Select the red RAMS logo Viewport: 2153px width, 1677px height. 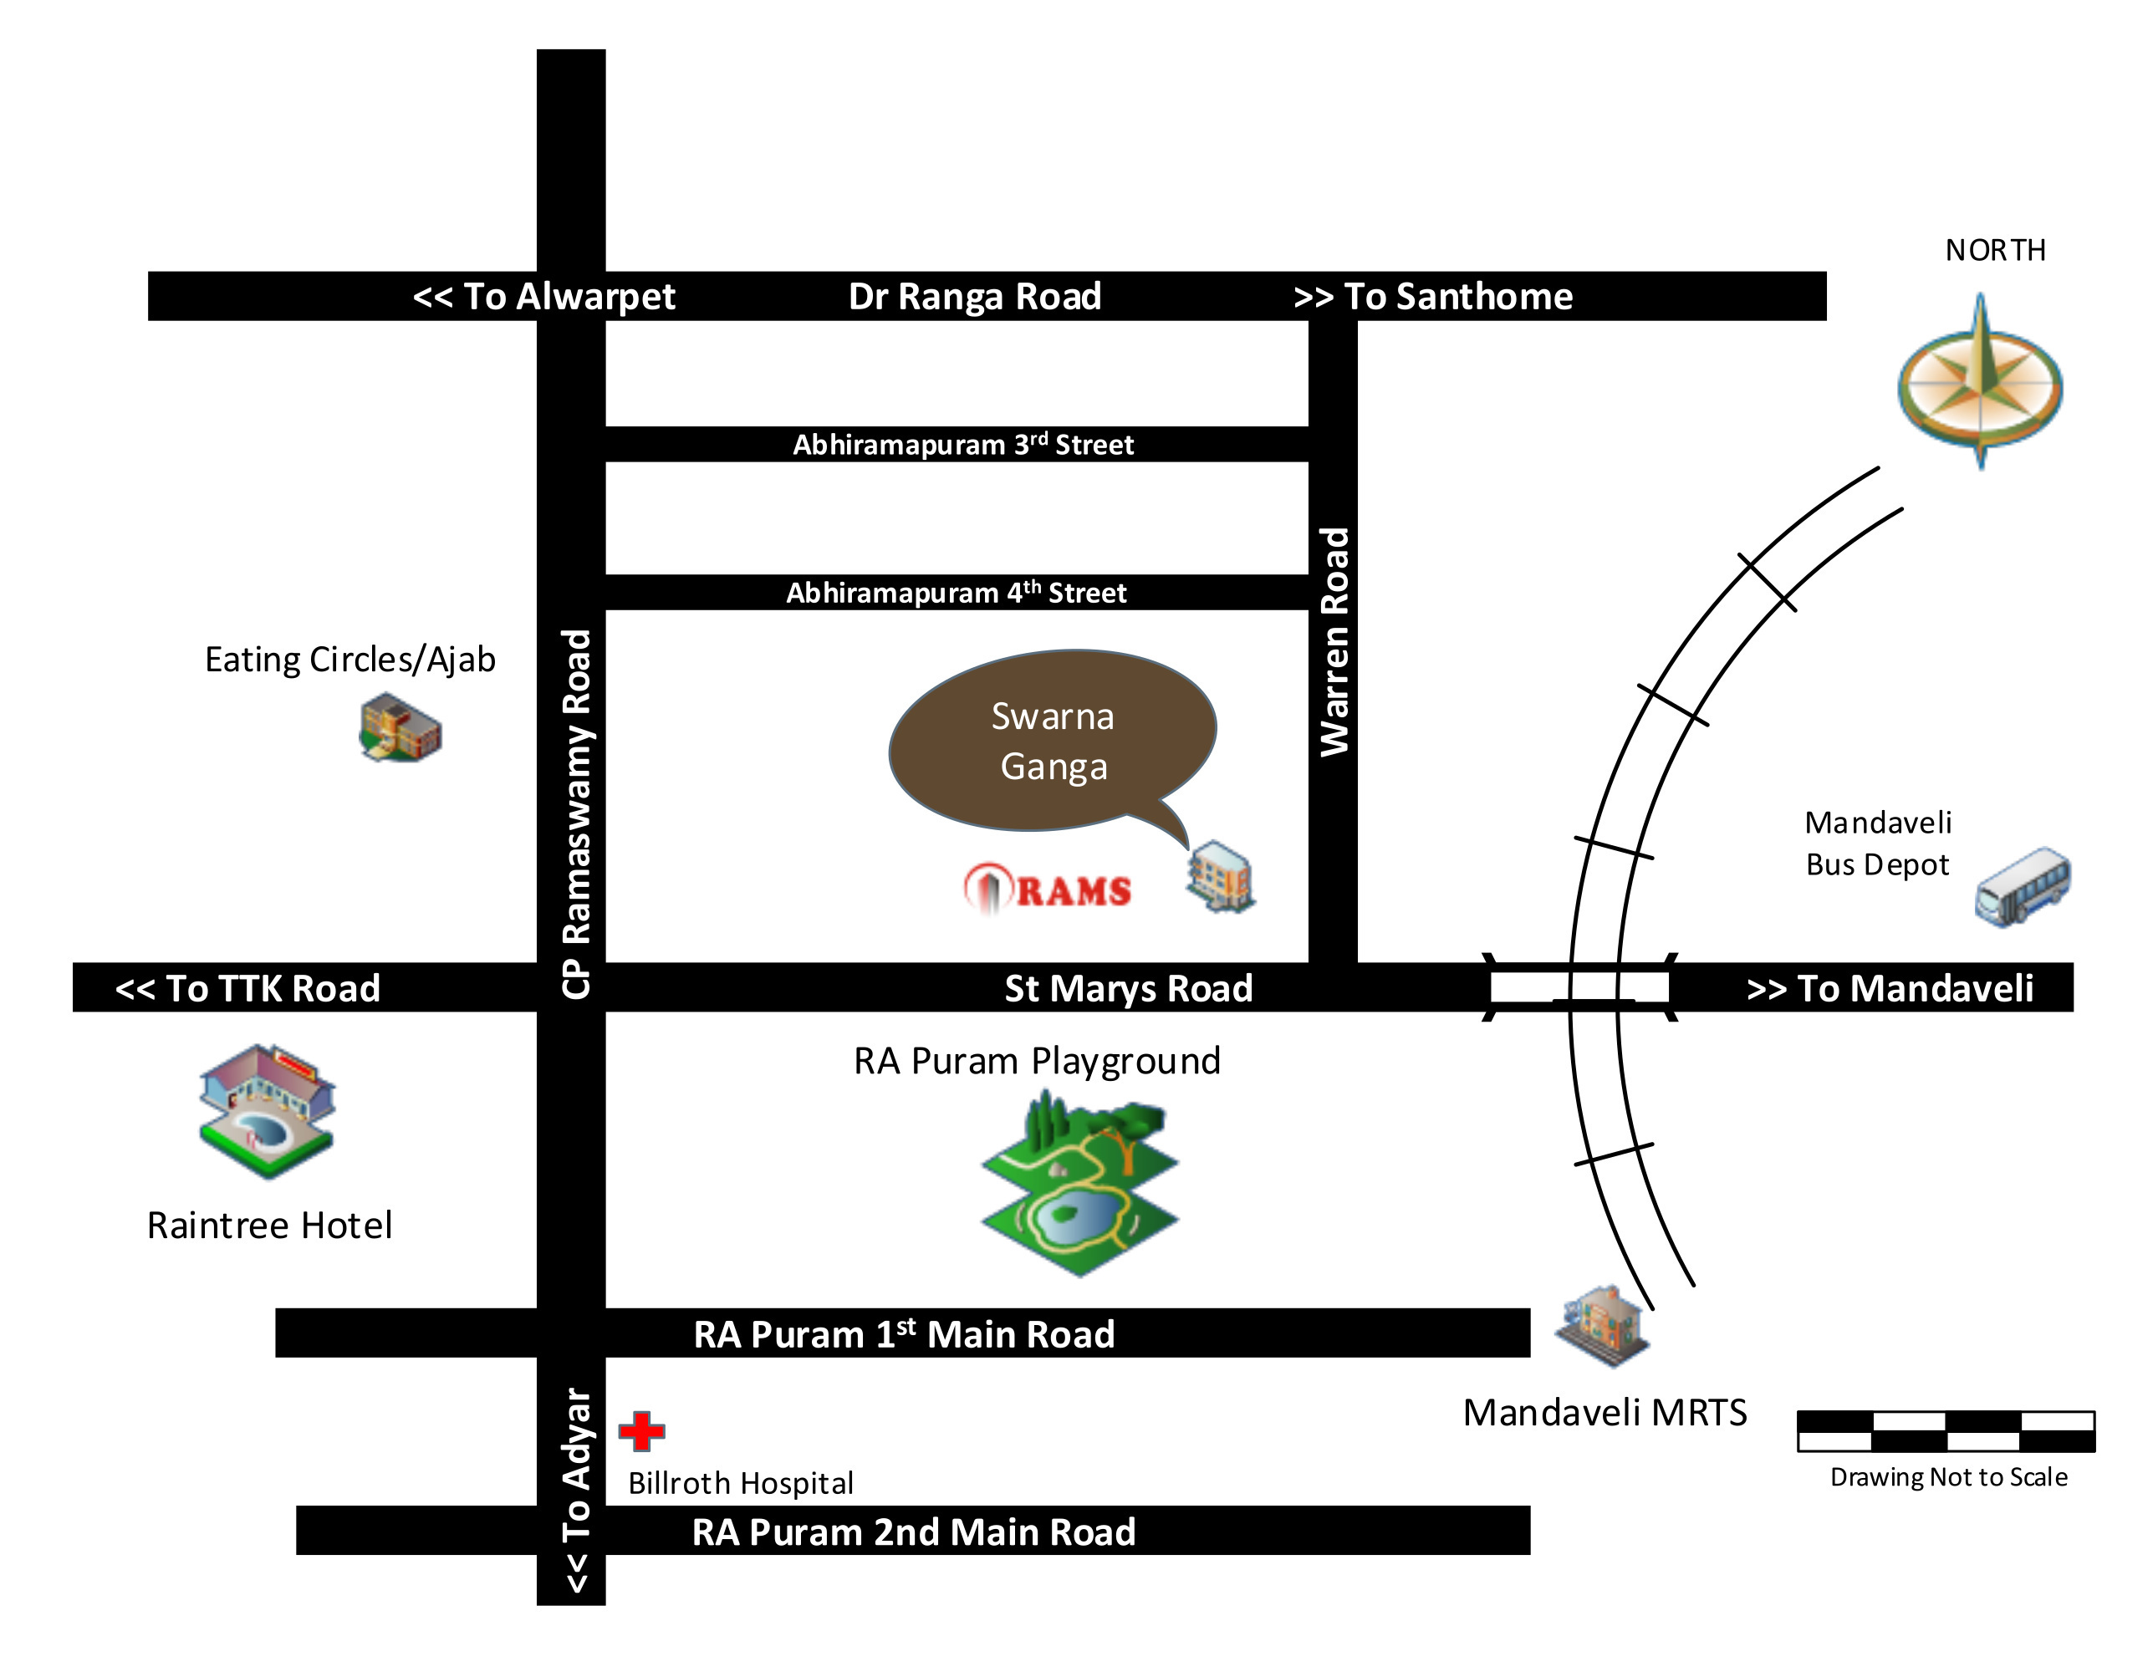pos(1047,889)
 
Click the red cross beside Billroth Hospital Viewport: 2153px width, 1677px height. pos(642,1430)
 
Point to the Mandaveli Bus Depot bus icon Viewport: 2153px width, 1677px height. pos(2023,885)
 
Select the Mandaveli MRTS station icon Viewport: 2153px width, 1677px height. pos(1602,1325)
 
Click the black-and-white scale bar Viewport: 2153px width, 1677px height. pos(1945,1430)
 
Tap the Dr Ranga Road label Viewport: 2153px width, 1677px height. pos(975,296)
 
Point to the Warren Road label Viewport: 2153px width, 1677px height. pos(1334,642)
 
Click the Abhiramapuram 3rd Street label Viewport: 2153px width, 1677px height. pos(963,445)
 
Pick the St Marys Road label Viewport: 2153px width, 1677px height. pos(1128,988)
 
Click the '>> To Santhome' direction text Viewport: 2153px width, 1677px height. pos(1432,296)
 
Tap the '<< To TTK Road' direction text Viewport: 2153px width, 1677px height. pos(247,988)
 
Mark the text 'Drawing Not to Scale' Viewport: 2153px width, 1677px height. pos(1948,1477)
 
